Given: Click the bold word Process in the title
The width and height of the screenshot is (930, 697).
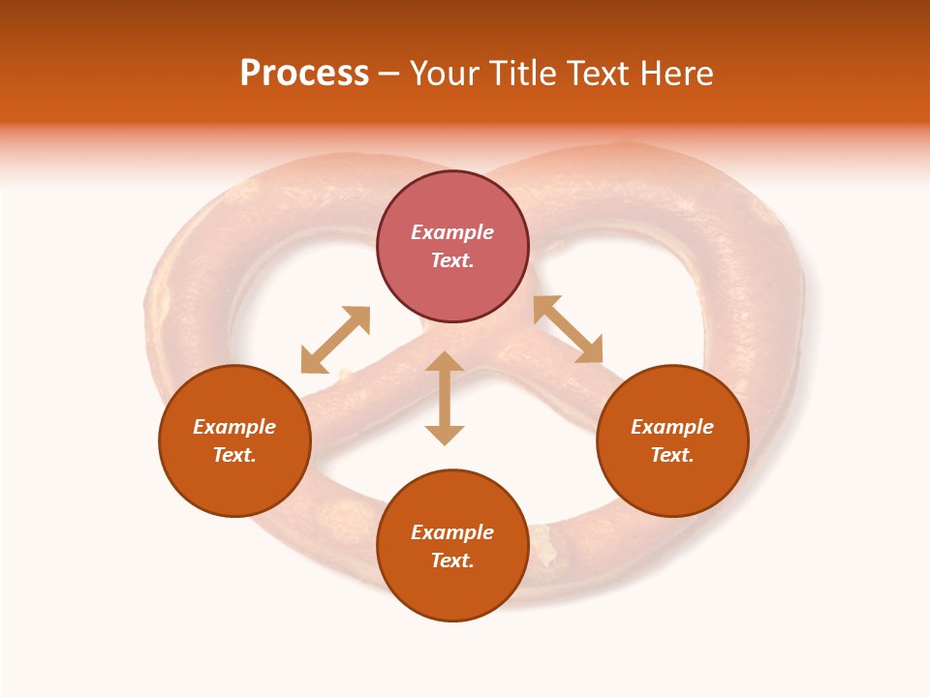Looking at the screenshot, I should pos(304,74).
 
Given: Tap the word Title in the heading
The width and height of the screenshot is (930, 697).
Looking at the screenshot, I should pos(522,74).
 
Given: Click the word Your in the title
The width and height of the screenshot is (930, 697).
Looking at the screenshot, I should pos(446,74).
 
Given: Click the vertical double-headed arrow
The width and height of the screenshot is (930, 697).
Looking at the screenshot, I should pos(445,398).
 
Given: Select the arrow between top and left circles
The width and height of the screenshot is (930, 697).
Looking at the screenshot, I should pos(335,340).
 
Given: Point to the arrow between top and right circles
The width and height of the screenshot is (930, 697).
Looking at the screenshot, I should pos(568,329).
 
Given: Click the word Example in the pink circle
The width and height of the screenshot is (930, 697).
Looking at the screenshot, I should pos(452,232).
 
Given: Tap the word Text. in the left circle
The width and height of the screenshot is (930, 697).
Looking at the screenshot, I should pos(234,455).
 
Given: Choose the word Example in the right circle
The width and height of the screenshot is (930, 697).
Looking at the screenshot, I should pos(672,427).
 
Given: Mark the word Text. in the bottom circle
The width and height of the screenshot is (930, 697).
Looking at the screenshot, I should pos(452,561).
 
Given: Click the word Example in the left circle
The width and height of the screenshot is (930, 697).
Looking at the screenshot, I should pos(234,427).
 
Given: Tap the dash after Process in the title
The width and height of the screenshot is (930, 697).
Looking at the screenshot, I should pos(388,75).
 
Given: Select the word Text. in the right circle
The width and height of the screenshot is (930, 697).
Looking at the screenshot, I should pos(672,455).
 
